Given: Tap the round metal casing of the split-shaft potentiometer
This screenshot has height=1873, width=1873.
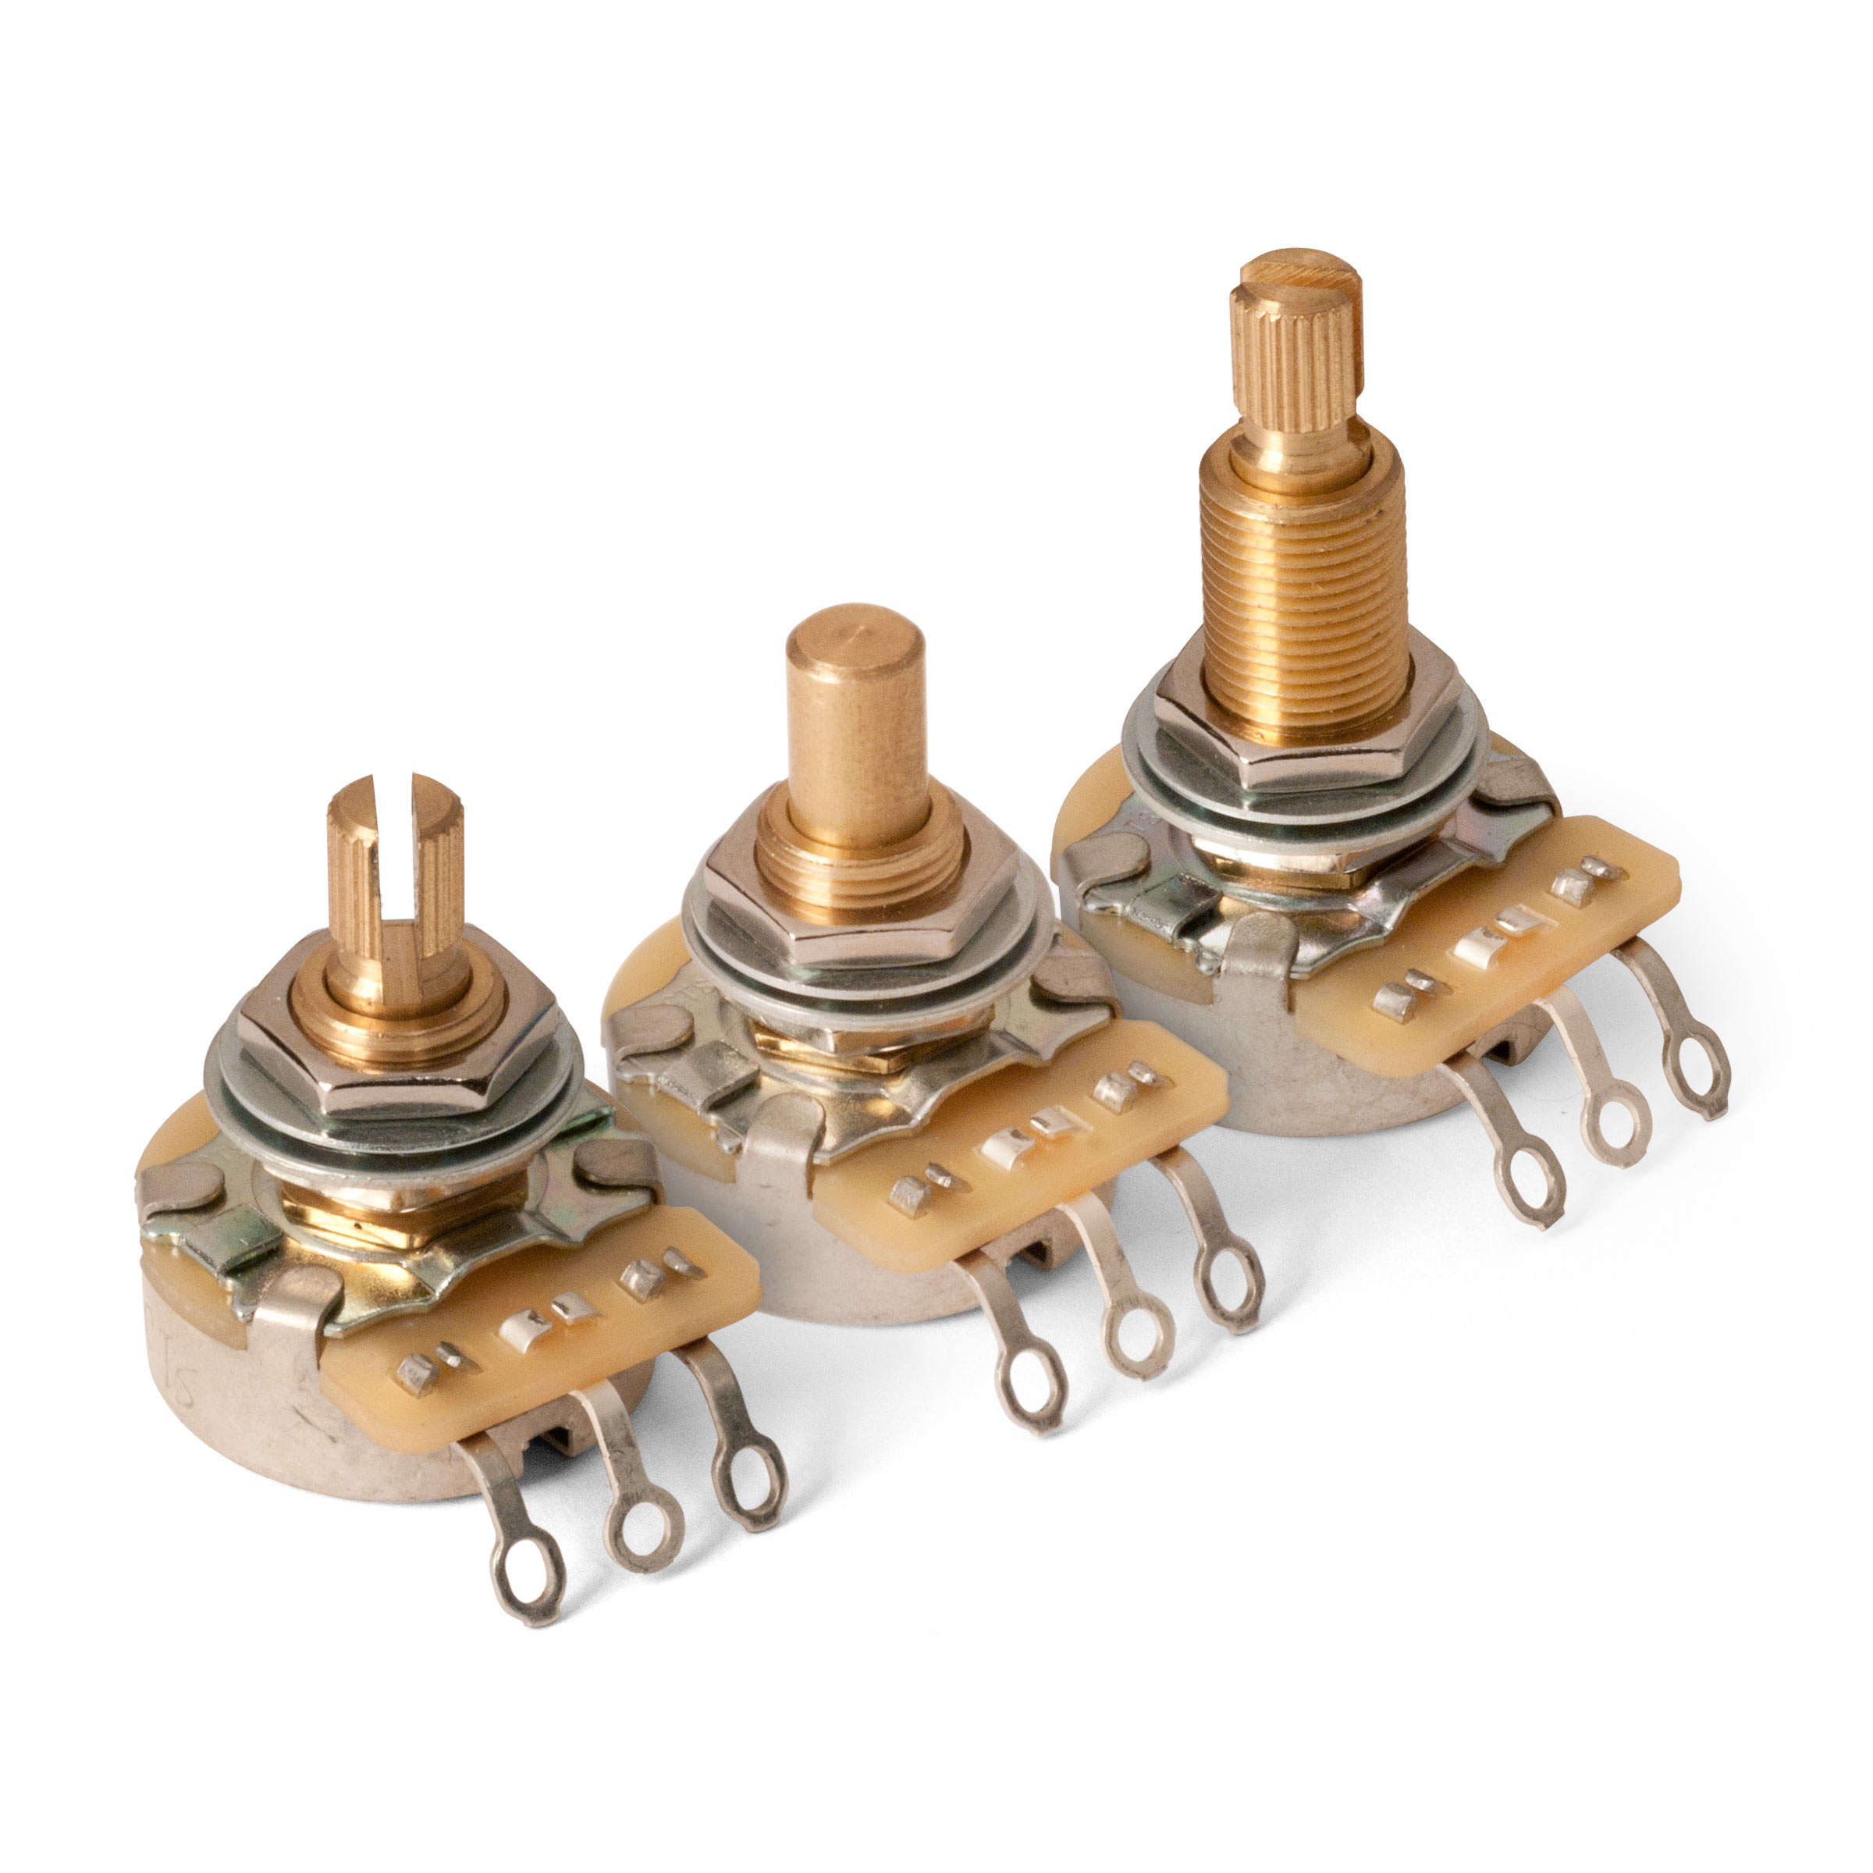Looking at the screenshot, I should [243, 1396].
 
